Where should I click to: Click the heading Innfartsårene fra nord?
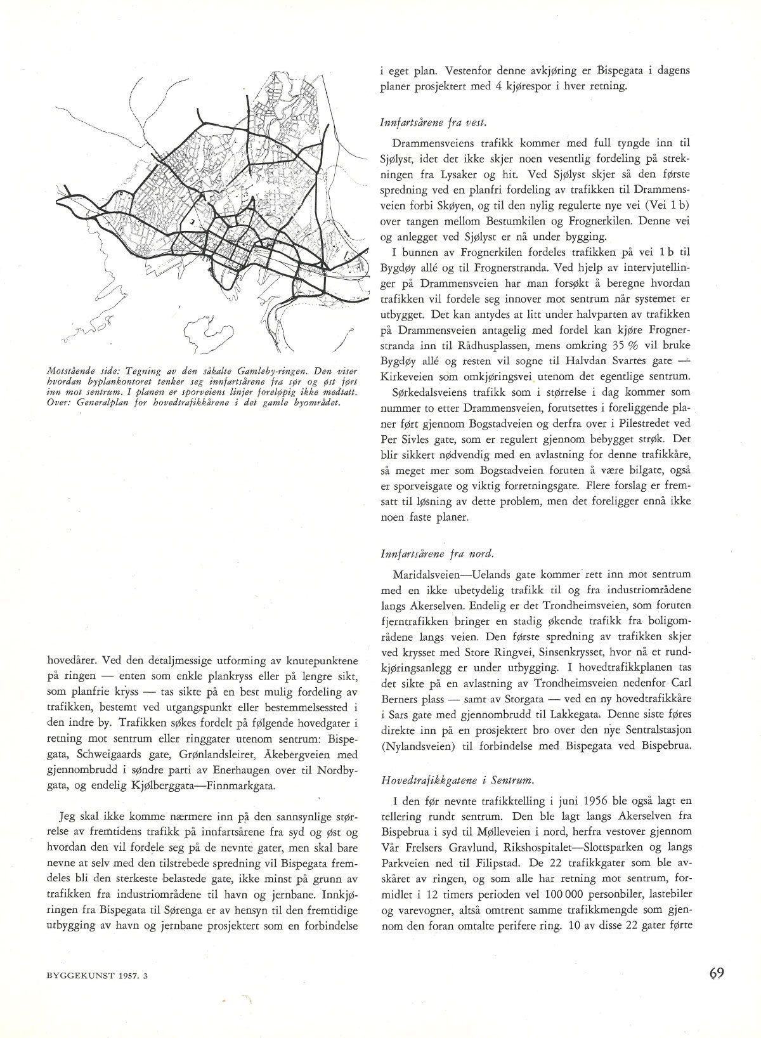coord(419,554)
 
